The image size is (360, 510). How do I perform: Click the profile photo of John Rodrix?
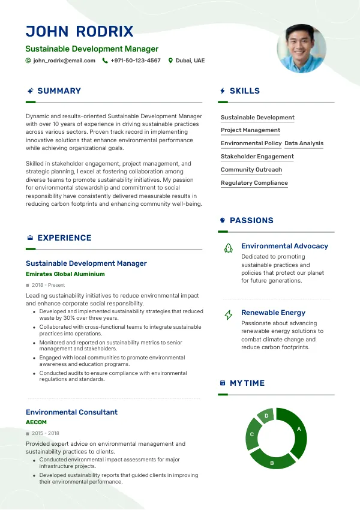click(x=301, y=49)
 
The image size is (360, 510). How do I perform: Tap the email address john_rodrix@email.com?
click(x=64, y=61)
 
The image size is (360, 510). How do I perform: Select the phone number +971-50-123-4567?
click(x=136, y=61)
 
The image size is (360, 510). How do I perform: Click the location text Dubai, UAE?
click(x=190, y=61)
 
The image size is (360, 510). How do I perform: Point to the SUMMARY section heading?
click(x=59, y=91)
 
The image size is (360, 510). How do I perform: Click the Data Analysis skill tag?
click(x=304, y=143)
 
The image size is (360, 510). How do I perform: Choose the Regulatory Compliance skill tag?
click(x=254, y=183)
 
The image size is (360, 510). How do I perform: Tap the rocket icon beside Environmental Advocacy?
click(x=228, y=247)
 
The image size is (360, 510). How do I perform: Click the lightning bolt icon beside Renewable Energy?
click(x=228, y=314)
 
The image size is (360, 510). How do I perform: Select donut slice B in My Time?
click(x=272, y=460)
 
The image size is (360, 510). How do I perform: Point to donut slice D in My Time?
click(x=266, y=415)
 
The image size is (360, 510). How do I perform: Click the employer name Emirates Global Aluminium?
click(x=65, y=274)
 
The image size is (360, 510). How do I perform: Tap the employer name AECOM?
click(x=36, y=422)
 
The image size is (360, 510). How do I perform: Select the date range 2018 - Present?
click(x=49, y=285)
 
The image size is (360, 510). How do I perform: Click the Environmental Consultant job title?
click(x=71, y=412)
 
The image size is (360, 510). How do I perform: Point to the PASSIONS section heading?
click(x=251, y=221)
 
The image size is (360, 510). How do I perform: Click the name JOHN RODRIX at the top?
click(x=80, y=32)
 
